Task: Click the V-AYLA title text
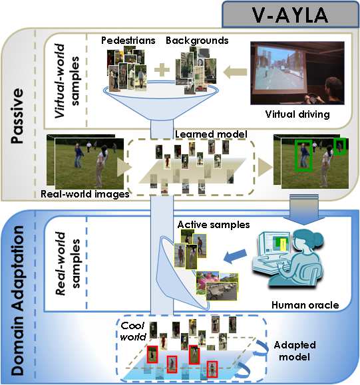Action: pyautogui.click(x=290, y=15)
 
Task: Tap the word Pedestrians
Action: pyautogui.click(x=128, y=41)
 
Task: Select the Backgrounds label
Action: pyautogui.click(x=197, y=41)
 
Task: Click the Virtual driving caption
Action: pyautogui.click(x=297, y=114)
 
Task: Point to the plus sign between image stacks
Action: pyautogui.click(x=162, y=70)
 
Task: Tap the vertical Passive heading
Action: pyautogui.click(x=18, y=116)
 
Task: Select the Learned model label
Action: pyautogui.click(x=211, y=134)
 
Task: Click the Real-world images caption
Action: pyautogui.click(x=85, y=194)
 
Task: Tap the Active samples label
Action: pyautogui.click(x=214, y=225)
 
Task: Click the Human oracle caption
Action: pyautogui.click(x=305, y=305)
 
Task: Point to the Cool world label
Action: pyautogui.click(x=133, y=331)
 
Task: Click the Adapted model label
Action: pyautogui.click(x=295, y=350)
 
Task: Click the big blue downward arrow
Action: pyautogui.click(x=304, y=209)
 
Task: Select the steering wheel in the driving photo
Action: pyautogui.click(x=311, y=97)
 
